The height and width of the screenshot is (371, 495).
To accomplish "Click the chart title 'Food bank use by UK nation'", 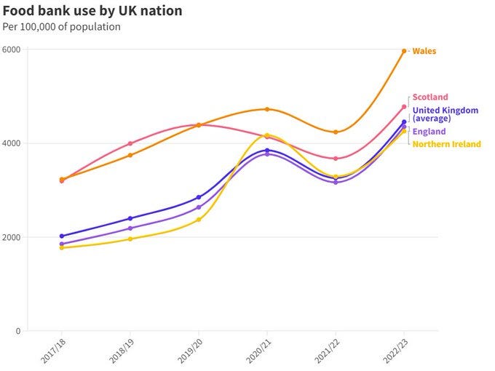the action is (92, 11).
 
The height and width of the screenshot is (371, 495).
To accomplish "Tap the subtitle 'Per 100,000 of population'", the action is (62, 27).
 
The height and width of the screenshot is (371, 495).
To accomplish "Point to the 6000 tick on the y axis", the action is (11, 49).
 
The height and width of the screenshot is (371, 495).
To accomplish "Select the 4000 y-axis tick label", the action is (11, 143).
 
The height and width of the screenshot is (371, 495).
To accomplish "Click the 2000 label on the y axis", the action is (11, 237).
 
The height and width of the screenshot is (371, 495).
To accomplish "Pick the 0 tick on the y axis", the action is (18, 331).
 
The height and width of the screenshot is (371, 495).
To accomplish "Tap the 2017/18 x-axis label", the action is (53, 351).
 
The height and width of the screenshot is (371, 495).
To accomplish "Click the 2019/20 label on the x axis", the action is (190, 351).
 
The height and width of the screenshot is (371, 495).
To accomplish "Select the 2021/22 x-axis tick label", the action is (327, 351).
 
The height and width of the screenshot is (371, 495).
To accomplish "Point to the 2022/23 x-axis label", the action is (395, 351).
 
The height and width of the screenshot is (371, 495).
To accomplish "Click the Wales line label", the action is (424, 51).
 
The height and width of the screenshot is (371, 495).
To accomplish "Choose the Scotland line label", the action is (430, 97).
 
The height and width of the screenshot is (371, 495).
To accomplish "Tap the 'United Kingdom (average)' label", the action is (445, 114).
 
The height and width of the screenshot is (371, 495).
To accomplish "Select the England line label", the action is (429, 132).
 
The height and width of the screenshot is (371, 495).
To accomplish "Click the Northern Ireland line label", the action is (447, 144).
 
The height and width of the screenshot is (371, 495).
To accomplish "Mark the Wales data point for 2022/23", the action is (404, 51).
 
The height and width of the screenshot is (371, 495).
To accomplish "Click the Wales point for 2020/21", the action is (267, 109).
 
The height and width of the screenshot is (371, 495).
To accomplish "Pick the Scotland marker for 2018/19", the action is (130, 143).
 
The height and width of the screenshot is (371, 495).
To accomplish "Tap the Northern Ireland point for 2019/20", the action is (199, 220).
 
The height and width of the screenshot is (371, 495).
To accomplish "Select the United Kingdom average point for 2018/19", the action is (130, 218).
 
